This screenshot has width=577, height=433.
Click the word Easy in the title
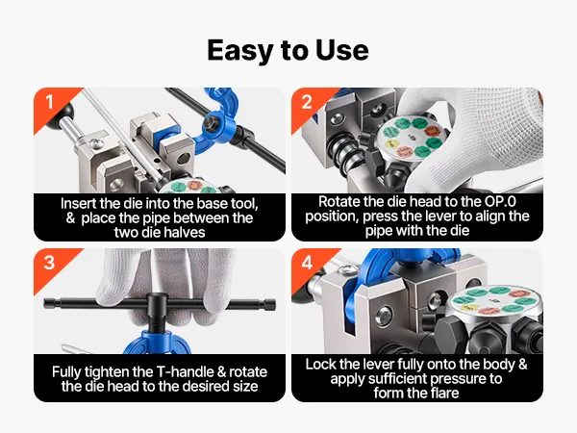[241, 51]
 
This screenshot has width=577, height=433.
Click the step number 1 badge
[50, 102]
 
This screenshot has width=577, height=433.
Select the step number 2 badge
[307, 102]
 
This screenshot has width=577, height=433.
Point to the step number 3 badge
[49, 263]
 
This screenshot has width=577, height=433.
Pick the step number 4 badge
[307, 263]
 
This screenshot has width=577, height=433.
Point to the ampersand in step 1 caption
[70, 218]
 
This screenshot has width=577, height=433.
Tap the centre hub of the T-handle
[158, 305]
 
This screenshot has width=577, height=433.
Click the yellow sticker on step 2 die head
[391, 143]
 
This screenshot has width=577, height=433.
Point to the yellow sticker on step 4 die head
[469, 307]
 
